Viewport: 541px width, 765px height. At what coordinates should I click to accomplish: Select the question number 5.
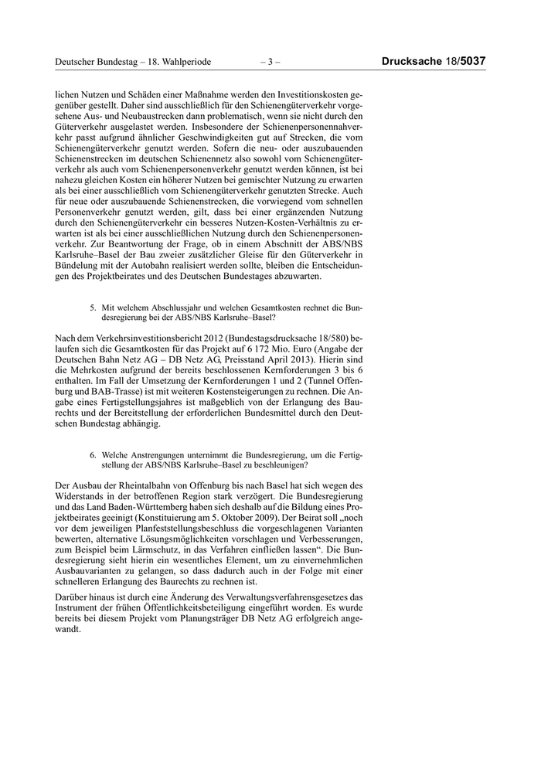point(93,307)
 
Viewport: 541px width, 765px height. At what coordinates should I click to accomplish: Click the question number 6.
point(93,455)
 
